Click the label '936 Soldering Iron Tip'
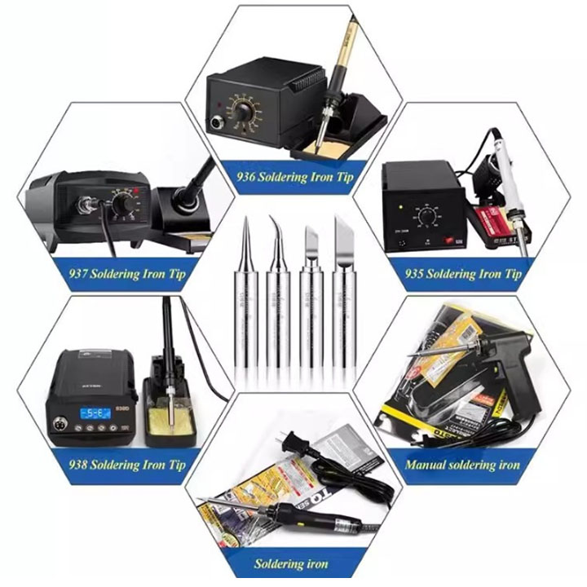[294, 176]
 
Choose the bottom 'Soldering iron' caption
[291, 563]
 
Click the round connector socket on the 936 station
[218, 125]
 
